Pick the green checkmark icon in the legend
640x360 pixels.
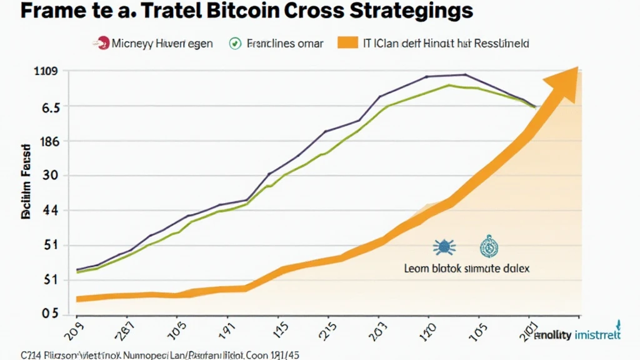point(235,44)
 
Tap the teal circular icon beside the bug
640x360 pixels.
point(487,247)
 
